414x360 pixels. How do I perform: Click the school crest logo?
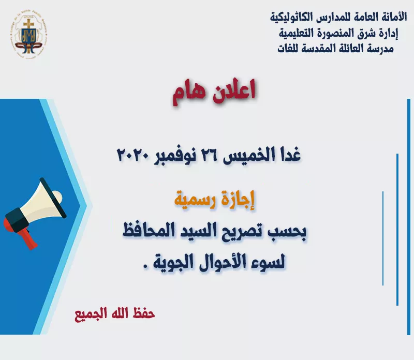tap(29, 34)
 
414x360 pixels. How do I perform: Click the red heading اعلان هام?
tap(214, 92)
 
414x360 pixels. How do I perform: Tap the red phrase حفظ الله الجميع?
tap(115, 314)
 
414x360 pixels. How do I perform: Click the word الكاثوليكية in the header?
tap(292, 17)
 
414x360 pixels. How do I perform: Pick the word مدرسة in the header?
tap(381, 49)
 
